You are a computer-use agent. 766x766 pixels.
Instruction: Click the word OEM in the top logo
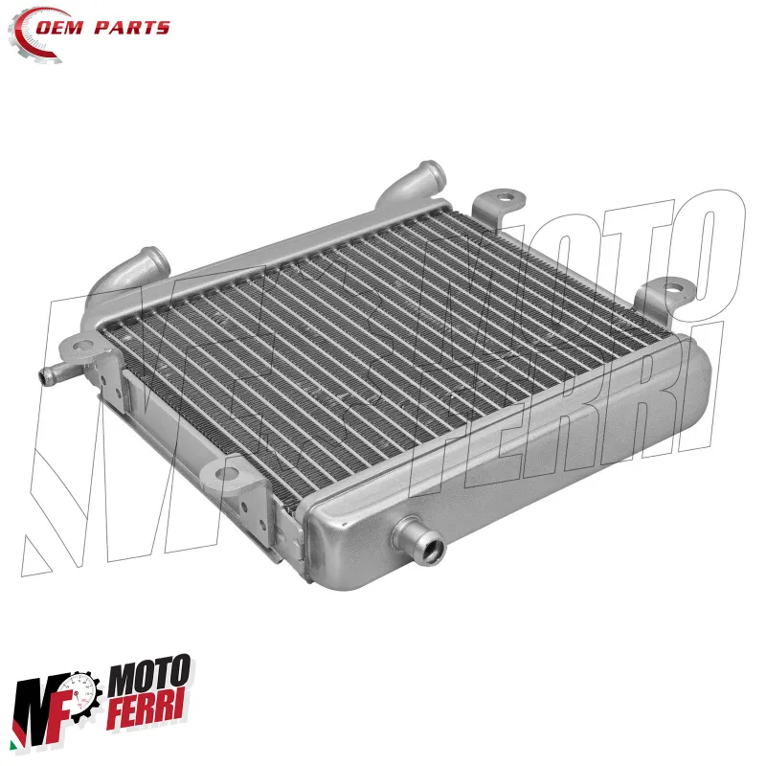[x=59, y=28]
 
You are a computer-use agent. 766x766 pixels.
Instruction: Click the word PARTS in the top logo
[x=132, y=28]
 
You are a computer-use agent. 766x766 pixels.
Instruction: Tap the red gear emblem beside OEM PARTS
[x=31, y=35]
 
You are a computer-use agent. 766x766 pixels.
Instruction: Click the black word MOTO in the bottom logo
[x=149, y=677]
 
